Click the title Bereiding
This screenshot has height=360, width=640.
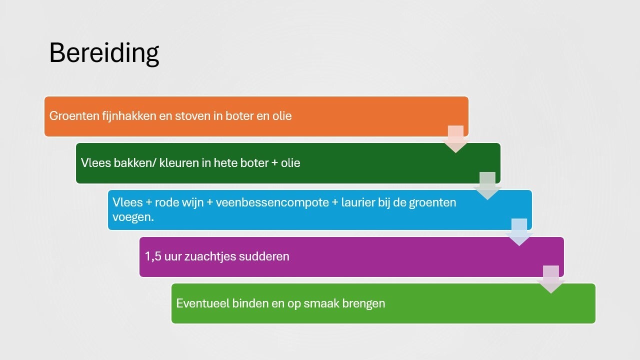(x=104, y=53)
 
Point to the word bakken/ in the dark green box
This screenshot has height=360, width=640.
(x=135, y=163)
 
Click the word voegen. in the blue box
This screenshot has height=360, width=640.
(x=133, y=217)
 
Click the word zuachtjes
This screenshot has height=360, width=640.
(x=210, y=256)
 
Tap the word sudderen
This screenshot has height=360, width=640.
(x=264, y=256)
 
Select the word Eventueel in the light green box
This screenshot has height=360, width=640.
(x=202, y=303)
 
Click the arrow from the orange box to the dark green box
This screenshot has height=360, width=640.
(x=455, y=139)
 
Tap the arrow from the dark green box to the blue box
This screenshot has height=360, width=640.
(x=487, y=185)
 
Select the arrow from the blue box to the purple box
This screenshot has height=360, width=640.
(x=519, y=232)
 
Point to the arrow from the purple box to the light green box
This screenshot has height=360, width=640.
(x=551, y=279)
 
